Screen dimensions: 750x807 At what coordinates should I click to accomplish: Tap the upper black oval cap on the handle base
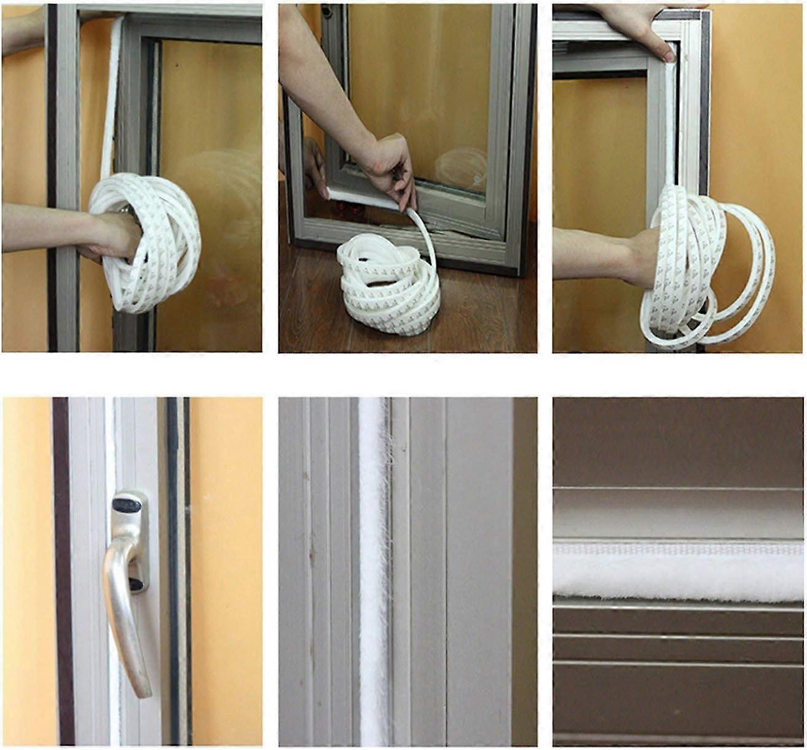pos(127,505)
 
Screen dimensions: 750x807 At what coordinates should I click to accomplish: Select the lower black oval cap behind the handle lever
pos(136,583)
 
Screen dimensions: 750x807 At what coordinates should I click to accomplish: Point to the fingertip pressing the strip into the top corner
pos(667,55)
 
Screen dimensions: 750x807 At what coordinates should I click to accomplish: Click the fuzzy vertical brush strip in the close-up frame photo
pos(372,572)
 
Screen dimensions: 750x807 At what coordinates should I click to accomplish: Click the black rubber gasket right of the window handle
pos(173,553)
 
